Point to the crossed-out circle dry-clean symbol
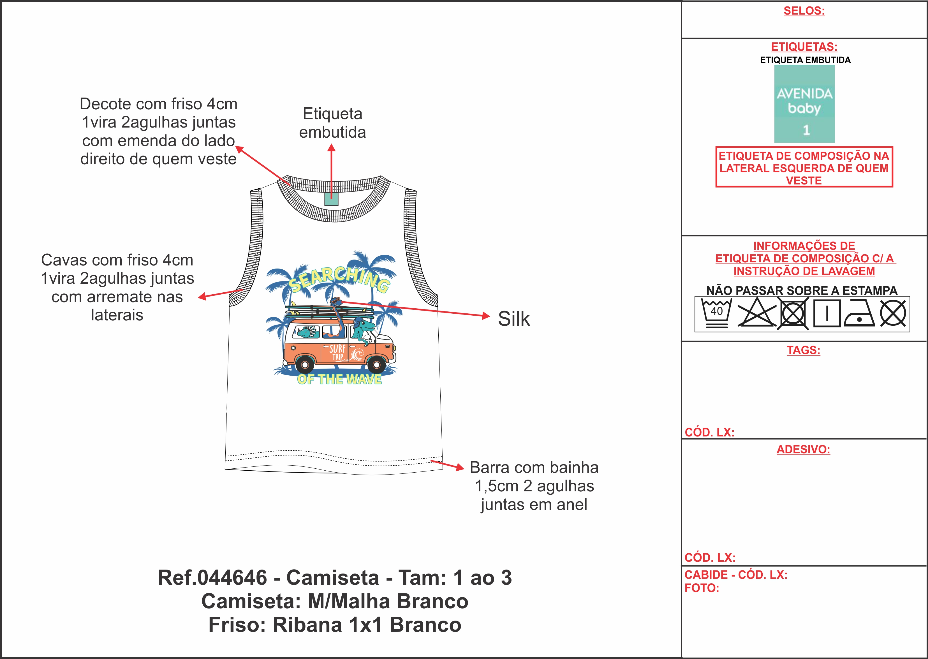[893, 313]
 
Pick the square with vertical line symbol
[826, 313]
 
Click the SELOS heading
[804, 11]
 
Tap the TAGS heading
[804, 350]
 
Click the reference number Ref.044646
[212, 577]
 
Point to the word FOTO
[702, 588]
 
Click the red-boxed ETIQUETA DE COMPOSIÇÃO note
[804, 168]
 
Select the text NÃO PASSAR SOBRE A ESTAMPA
[802, 291]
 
